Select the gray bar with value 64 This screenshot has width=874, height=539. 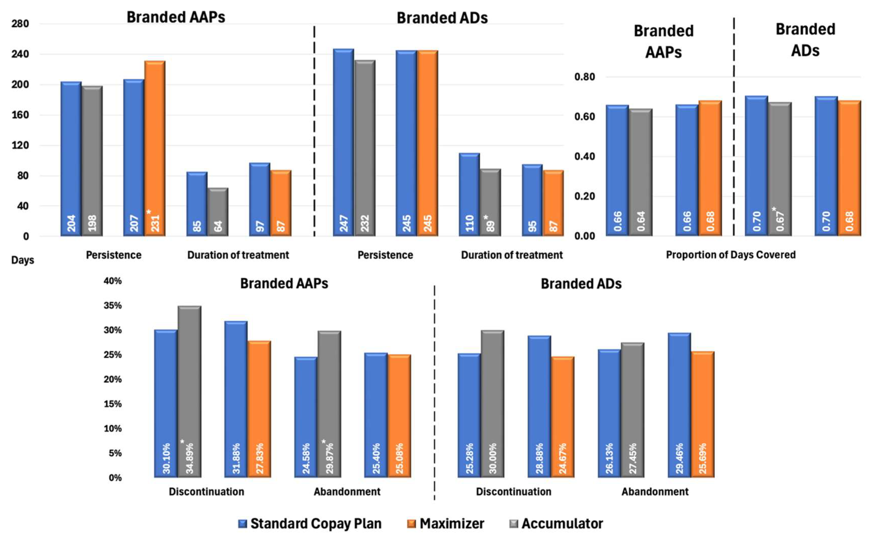(218, 212)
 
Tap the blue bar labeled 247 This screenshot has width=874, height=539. (343, 143)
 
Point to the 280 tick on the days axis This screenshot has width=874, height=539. (20, 24)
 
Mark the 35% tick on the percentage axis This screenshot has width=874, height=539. (113, 305)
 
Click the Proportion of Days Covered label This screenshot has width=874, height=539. (731, 255)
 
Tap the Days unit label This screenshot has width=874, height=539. (23, 260)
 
